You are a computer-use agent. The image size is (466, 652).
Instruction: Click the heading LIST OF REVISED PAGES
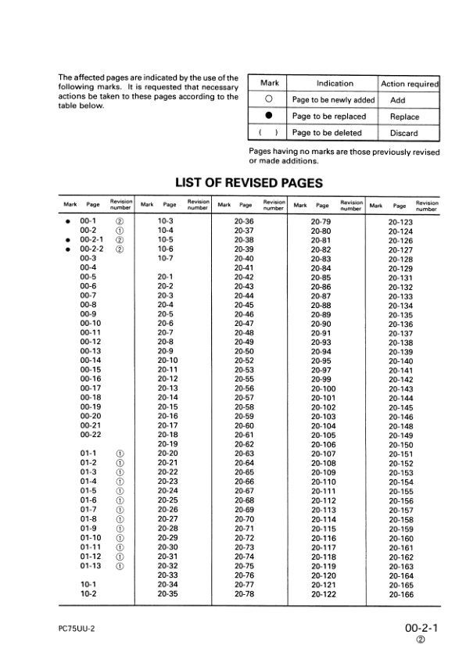[244, 183]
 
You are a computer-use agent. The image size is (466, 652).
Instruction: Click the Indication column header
[334, 84]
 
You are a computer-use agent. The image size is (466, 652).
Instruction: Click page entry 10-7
[165, 258]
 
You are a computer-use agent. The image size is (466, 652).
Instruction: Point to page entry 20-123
[400, 221]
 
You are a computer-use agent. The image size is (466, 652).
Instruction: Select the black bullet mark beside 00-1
[68, 221]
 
